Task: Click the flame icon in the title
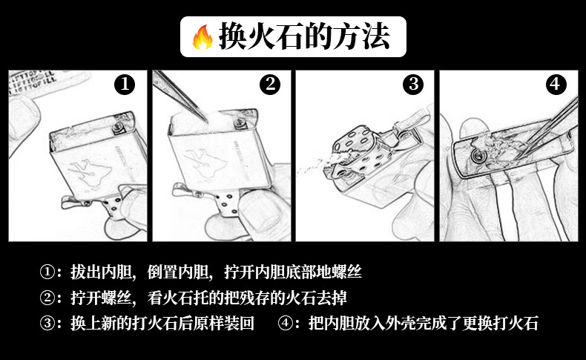[x=203, y=37]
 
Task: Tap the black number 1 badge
[x=125, y=85]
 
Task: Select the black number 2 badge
[x=270, y=85]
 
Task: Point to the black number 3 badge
[x=413, y=85]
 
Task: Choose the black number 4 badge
[x=556, y=85]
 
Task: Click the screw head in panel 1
[x=117, y=128]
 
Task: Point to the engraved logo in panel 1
[x=90, y=170]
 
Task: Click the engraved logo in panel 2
[x=205, y=161]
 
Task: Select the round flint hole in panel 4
[x=476, y=156]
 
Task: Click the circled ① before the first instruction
[x=47, y=272]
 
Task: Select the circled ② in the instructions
[x=47, y=298]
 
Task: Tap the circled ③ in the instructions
[x=47, y=324]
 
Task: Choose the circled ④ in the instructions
[x=286, y=324]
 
